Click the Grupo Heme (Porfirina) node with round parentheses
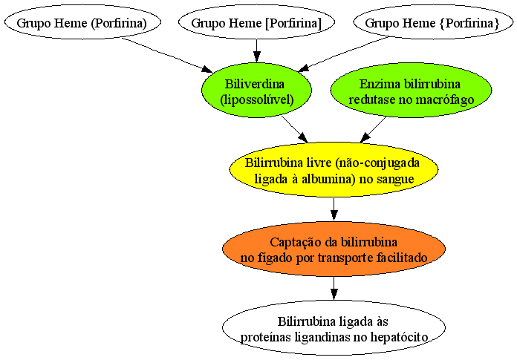point(82,22)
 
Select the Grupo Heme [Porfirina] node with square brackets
point(256,22)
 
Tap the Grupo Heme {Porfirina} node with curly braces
point(433,22)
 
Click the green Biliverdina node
point(256,90)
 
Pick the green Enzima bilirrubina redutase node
point(411,90)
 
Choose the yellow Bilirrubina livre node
point(334,169)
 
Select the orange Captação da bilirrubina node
point(334,249)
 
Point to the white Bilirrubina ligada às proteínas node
point(334,327)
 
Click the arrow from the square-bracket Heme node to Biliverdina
point(256,50)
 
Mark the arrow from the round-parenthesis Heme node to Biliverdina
point(167,55)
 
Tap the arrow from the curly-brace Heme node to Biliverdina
point(343,54)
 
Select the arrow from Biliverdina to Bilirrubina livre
point(294,128)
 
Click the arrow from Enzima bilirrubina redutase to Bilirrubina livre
point(373,129)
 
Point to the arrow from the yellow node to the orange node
point(334,209)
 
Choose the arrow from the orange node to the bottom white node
point(334,288)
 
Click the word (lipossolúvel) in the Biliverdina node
point(256,99)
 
